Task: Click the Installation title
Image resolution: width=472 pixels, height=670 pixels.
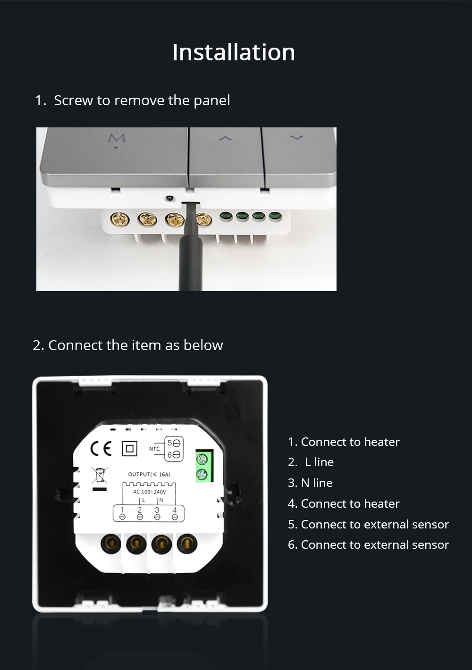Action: [234, 52]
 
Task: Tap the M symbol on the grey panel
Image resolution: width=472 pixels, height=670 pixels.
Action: [117, 139]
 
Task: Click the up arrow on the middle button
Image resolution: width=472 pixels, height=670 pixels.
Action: [225, 138]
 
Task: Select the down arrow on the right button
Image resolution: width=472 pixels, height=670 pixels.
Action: [296, 137]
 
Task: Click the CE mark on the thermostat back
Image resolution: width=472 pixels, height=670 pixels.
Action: [101, 448]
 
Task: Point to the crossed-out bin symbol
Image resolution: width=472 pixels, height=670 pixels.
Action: [100, 475]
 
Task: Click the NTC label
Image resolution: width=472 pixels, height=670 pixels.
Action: [154, 449]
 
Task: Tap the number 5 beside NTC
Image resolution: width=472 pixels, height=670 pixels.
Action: [170, 443]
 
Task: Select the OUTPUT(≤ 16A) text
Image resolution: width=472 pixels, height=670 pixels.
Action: [149, 474]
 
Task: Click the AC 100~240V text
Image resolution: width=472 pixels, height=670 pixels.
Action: [150, 492]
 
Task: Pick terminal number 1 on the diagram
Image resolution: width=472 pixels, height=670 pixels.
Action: [122, 510]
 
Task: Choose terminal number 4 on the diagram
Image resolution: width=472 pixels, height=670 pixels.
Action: [175, 510]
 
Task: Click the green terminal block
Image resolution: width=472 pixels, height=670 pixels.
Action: [204, 466]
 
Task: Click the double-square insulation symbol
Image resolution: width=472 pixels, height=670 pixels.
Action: [130, 449]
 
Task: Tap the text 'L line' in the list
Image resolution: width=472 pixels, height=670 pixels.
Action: [319, 462]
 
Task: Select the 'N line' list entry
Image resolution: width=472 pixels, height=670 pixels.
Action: [310, 483]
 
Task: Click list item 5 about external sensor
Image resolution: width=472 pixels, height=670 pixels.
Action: [369, 524]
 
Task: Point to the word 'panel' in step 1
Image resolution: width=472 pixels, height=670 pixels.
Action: [212, 101]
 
